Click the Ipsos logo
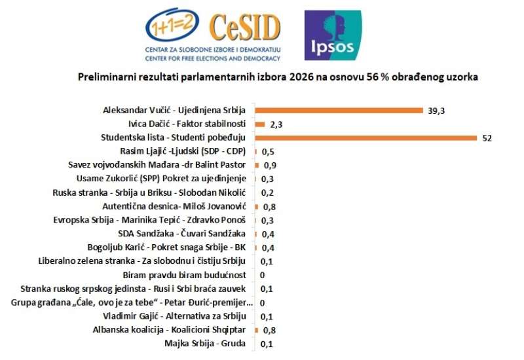333,35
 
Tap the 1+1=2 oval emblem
172,25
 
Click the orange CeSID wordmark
245,27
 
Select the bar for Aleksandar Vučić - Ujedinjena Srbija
339,111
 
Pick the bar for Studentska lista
366,138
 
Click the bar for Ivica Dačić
260,124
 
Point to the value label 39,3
436,111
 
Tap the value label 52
487,138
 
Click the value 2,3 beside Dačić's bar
276,124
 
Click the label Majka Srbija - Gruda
205,343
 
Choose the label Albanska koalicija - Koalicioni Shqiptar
169,330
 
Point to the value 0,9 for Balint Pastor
270,166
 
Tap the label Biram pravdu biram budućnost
185,275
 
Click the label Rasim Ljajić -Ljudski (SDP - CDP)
183,151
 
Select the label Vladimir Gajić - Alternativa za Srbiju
174,316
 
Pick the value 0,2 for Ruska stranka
267,193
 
